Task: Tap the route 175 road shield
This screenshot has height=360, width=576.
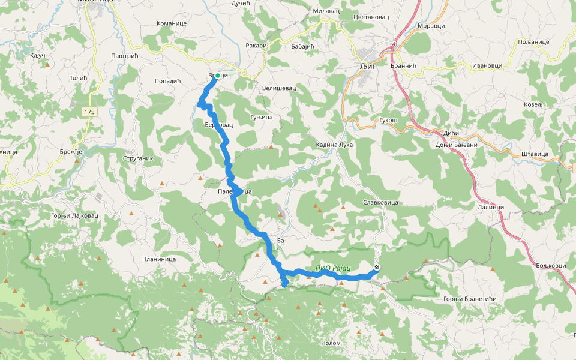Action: pos(89,112)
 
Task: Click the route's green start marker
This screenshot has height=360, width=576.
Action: pos(218,76)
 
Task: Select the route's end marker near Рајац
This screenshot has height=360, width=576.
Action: pos(377,268)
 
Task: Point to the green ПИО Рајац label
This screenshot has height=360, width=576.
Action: pos(333,268)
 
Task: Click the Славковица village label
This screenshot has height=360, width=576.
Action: pos(380,203)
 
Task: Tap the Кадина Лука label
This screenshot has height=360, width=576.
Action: pos(335,145)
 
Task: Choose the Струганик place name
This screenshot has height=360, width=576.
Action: pos(137,159)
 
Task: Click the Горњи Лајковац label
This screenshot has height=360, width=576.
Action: pos(74,215)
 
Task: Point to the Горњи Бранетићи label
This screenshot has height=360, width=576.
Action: pos(470,299)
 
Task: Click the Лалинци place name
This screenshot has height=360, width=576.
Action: pos(490,207)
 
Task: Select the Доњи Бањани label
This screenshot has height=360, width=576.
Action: pos(457,145)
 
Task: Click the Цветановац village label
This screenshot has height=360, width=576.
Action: pos(371,17)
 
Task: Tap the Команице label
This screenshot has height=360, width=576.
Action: pos(172,23)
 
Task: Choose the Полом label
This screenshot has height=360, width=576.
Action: pos(331,343)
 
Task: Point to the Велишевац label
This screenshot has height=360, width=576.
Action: pos(279,88)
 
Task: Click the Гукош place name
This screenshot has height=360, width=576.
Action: pos(388,121)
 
